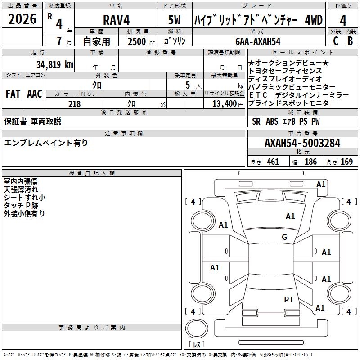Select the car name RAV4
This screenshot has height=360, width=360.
coord(116,20)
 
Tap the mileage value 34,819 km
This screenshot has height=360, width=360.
coord(55,64)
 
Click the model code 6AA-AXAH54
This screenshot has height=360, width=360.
coord(258,41)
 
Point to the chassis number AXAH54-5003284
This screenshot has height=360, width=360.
coord(302,144)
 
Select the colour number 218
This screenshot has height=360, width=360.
coord(74,104)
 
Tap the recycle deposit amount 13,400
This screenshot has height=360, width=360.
coord(224,104)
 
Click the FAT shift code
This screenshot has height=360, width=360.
coord(13,94)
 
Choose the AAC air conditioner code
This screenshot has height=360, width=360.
coord(35,94)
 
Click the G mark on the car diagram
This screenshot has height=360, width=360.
coord(284,237)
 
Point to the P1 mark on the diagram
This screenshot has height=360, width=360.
coord(288,299)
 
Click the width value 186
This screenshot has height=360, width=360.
coord(310,162)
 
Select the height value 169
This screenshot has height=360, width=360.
coord(346,162)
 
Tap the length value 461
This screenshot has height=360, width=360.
coord(273,162)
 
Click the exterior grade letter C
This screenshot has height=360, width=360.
coord(335,41)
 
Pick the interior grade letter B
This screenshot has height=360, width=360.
coord(350,41)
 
